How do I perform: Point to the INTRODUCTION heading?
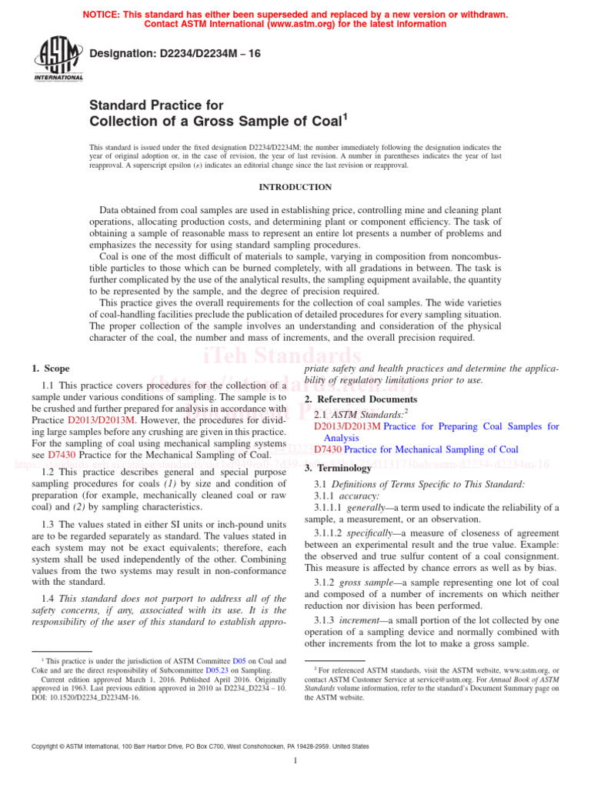point(295,187)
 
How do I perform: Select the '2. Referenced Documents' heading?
point(361,399)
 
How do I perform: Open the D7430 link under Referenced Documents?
point(327,449)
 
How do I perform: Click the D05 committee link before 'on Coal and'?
point(239,661)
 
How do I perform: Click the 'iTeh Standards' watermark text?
point(282,356)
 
